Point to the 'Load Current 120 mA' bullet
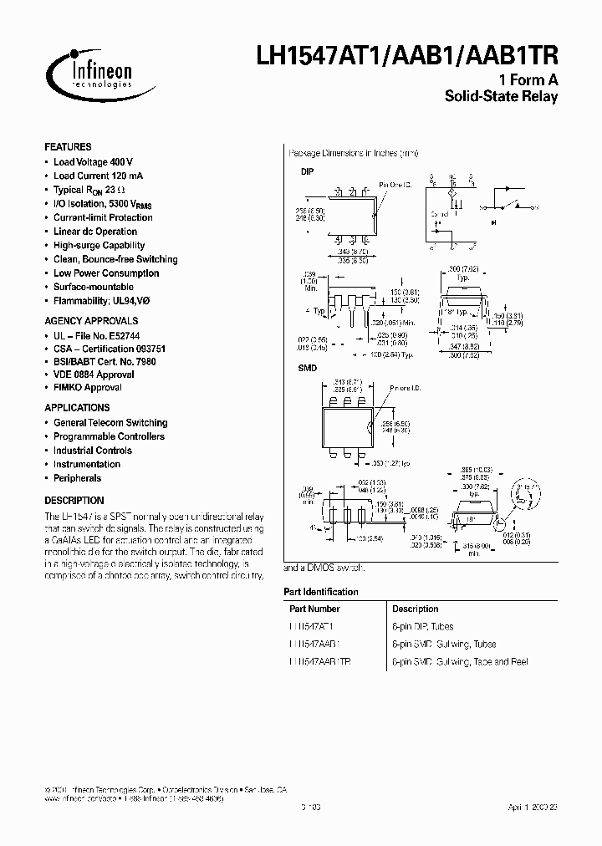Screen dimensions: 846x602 point(97,176)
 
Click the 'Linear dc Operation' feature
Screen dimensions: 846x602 point(94,232)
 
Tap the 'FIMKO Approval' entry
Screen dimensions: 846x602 point(87,388)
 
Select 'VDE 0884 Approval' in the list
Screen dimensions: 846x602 point(93,375)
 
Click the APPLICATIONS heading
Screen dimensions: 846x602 point(77,408)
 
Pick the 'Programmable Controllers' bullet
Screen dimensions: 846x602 point(109,436)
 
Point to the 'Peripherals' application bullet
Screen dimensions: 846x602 point(77,478)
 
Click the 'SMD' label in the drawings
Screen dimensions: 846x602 point(308,368)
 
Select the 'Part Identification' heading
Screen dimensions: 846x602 point(320,592)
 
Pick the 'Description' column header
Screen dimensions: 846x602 point(415,609)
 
